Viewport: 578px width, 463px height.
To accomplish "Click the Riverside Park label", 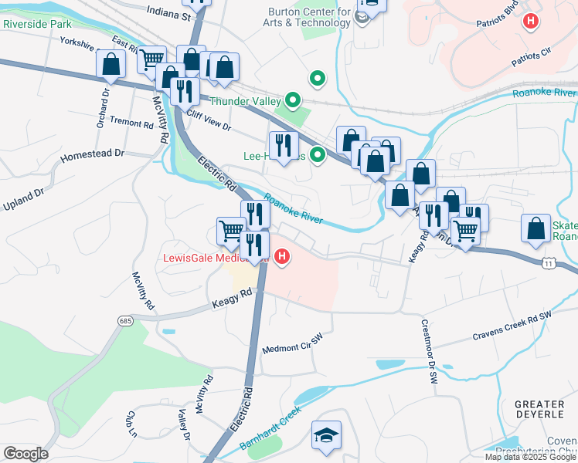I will coord(37,24).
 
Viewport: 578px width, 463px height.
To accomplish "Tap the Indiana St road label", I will coord(168,15).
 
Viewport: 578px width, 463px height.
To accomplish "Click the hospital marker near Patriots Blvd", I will coord(530,21).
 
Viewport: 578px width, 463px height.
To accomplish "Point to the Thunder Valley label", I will coord(242,100).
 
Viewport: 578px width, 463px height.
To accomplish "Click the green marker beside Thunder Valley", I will coord(293,100).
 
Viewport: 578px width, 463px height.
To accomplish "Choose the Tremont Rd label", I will coord(131,123).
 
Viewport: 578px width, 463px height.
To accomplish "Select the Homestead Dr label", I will coord(93,154).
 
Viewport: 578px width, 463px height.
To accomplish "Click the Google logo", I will coord(25,454).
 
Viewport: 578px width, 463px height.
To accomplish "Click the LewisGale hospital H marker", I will coord(283,256).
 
